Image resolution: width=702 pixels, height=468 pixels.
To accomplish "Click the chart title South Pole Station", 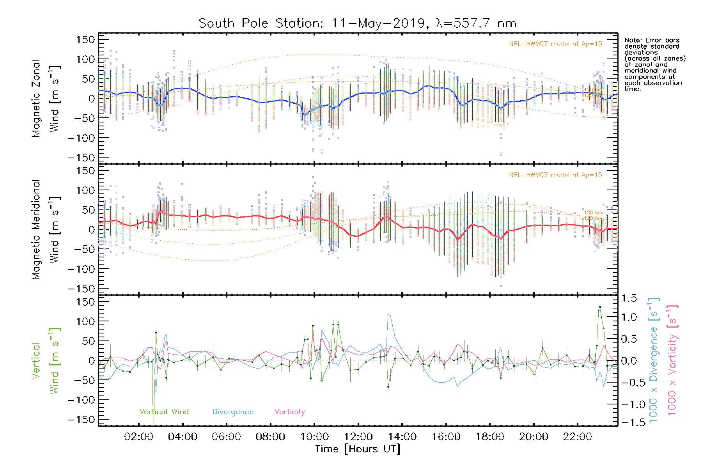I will tap(358, 23).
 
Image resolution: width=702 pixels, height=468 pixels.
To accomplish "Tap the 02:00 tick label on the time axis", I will tap(138, 437).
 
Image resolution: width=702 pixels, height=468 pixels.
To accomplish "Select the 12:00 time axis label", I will tap(358, 437).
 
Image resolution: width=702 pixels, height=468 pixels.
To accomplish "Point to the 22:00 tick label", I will tap(578, 437).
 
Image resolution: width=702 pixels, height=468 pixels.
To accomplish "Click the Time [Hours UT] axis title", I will tap(358, 449).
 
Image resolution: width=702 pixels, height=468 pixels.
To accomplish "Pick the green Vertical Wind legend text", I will tap(164, 412).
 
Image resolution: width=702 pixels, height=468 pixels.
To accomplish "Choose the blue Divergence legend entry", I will tap(233, 412).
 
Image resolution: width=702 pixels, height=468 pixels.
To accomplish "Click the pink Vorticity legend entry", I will tap(289, 412).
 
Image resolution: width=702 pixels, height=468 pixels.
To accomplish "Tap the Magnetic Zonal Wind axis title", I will tap(46, 98).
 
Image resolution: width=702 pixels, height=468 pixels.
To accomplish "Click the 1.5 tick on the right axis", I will tap(629, 298).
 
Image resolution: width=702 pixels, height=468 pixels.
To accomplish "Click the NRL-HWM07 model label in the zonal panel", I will tap(555, 44).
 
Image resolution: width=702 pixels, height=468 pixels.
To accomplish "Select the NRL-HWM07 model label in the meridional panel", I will tap(555, 175).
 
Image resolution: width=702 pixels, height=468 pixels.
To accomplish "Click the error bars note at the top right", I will tap(654, 64).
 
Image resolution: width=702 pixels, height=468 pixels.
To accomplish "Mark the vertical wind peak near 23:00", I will tap(600, 307).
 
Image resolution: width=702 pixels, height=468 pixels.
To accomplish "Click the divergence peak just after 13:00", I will tap(388, 314).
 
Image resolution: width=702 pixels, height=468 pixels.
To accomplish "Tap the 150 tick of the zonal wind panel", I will tap(86, 39).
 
